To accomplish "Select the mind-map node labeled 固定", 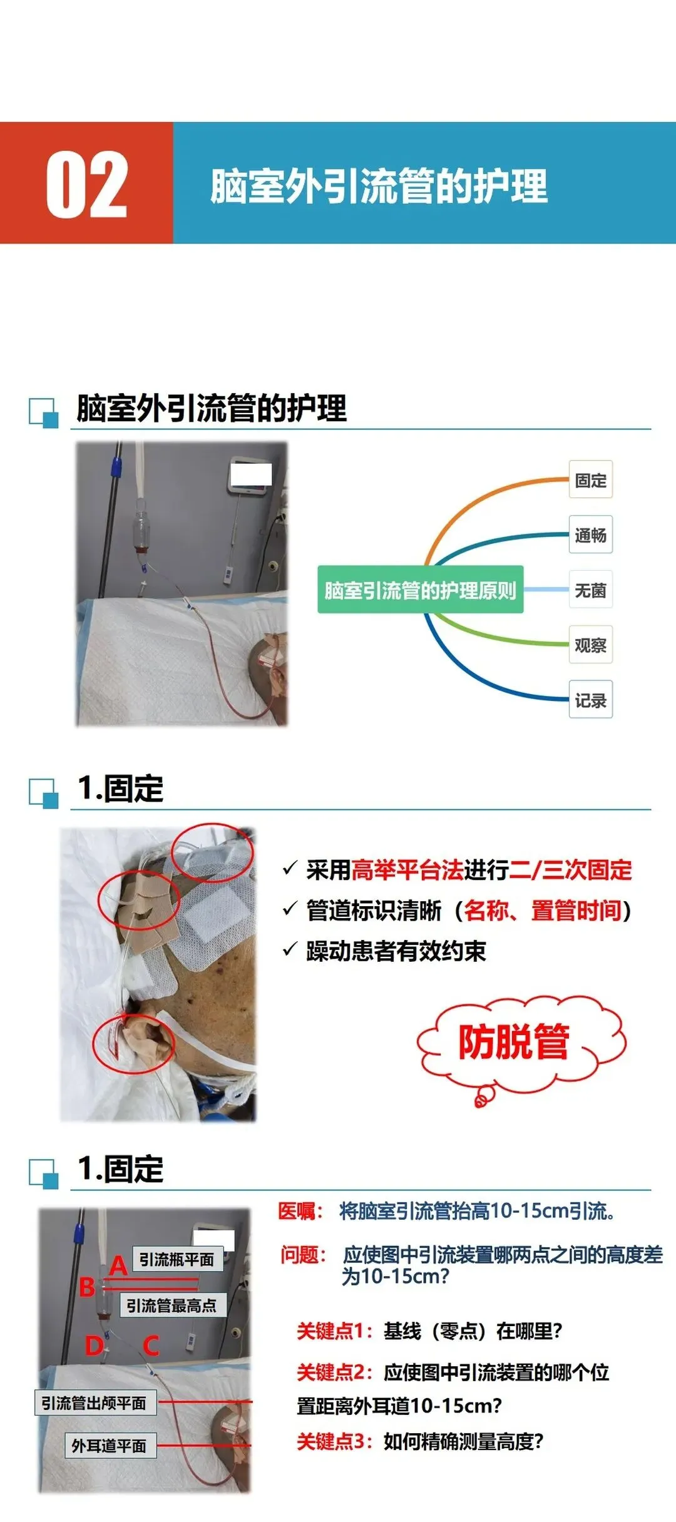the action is (x=590, y=480).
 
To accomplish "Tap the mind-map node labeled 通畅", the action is (x=590, y=535).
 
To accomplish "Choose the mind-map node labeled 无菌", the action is (x=590, y=590).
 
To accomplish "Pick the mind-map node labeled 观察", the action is (x=590, y=645).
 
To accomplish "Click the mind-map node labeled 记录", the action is (x=590, y=700).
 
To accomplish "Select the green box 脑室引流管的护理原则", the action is (x=420, y=590).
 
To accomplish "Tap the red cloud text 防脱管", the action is (x=513, y=1042).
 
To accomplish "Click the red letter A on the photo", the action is (x=118, y=1266).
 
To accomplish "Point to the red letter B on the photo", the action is (x=87, y=1287).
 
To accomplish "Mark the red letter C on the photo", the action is (x=151, y=1346).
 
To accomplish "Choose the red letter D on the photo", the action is (x=95, y=1346).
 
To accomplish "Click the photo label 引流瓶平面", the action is (x=177, y=1259).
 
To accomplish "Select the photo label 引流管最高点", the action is (x=172, y=1305).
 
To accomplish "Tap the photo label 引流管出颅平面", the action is (x=95, y=1403).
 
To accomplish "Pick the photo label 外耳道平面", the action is (x=110, y=1446).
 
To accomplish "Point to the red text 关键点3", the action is (x=330, y=1441).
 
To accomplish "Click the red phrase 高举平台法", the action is (x=407, y=870).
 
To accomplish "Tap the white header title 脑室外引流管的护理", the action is (x=379, y=186).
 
